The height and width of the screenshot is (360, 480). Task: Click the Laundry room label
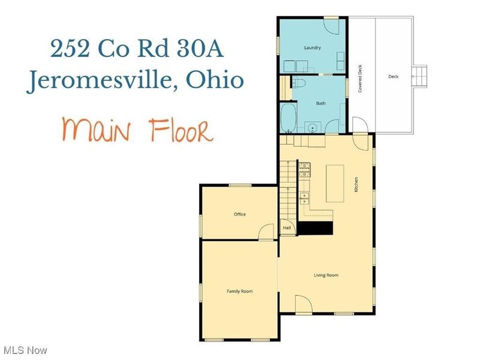[x=312, y=47]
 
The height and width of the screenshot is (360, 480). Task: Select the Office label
[x=239, y=214]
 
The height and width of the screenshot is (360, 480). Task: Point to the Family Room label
[x=239, y=291]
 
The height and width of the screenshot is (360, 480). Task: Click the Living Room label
[x=326, y=275]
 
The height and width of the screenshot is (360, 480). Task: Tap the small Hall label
[x=287, y=228]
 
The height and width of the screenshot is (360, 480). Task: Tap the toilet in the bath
[x=301, y=83]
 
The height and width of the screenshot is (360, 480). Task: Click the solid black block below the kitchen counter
[x=316, y=228]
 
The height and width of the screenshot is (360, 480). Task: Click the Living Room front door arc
[x=302, y=304]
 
